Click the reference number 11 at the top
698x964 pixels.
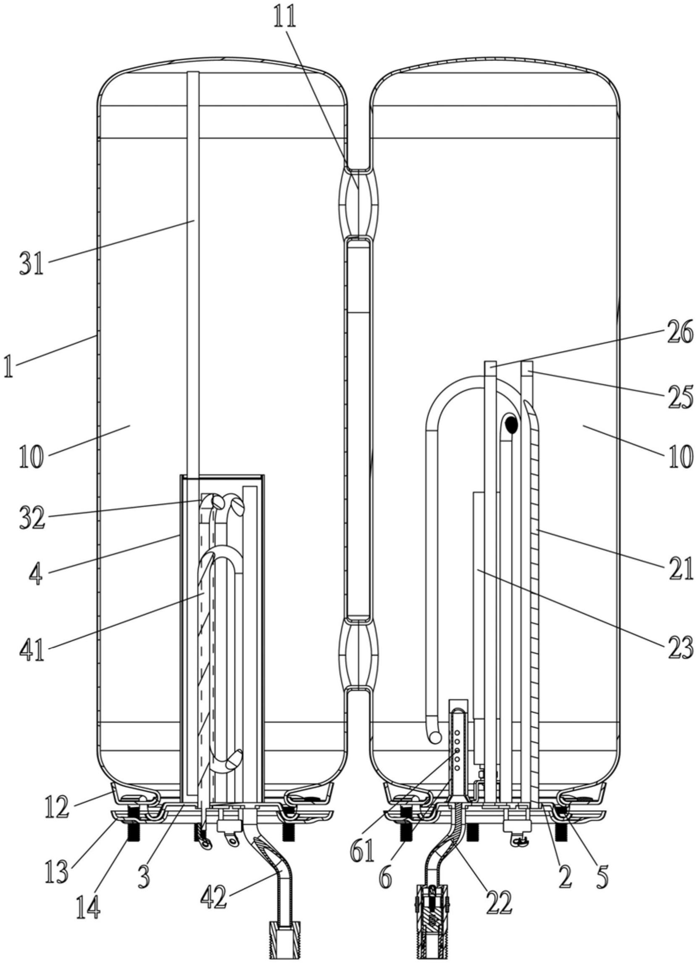(284, 16)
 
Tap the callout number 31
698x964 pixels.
(32, 263)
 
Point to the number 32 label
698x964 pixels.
(32, 518)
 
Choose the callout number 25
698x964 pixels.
(680, 397)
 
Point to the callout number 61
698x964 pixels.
(362, 850)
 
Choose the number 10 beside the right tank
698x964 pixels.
(680, 456)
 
